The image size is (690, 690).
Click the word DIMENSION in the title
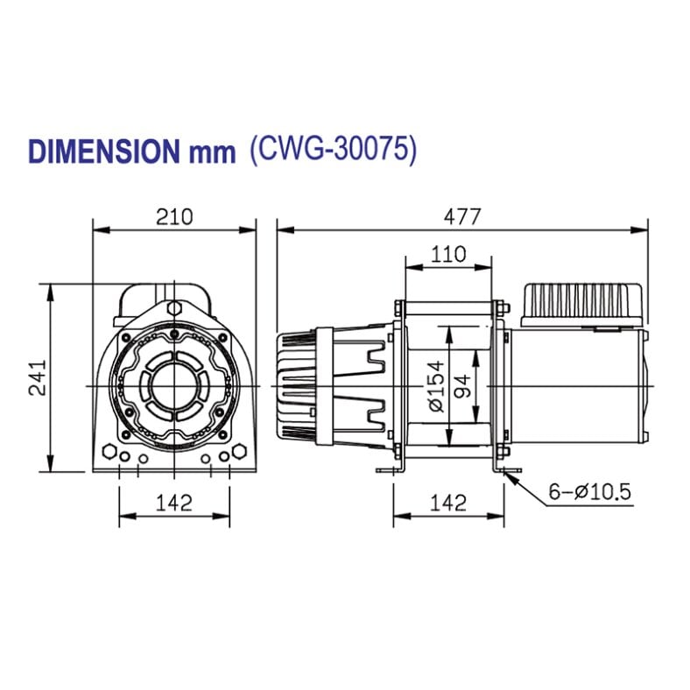[x=104, y=151]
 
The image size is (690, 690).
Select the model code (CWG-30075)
[x=333, y=150]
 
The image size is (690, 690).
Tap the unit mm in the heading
[x=212, y=152]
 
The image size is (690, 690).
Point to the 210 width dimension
[x=174, y=216]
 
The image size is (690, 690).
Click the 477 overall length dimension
[x=462, y=216]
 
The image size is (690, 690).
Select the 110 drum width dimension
[x=447, y=255]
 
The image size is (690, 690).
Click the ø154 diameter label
[x=435, y=385]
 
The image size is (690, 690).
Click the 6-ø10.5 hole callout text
[x=589, y=492]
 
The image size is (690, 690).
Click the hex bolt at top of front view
[x=174, y=307]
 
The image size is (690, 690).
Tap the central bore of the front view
[x=174, y=385]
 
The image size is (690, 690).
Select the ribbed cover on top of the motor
[x=583, y=302]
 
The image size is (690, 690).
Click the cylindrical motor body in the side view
[x=578, y=385]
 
